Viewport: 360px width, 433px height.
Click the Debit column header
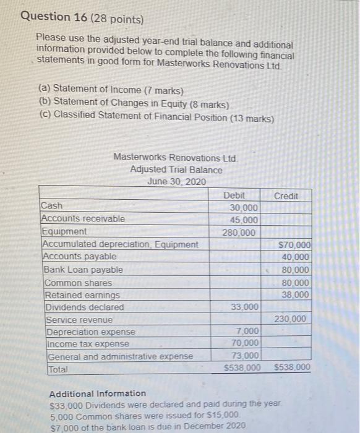click(x=234, y=195)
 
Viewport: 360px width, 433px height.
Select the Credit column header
click(x=286, y=195)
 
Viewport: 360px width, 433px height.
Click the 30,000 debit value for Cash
click(x=244, y=208)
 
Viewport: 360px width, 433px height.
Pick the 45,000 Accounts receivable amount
click(x=244, y=220)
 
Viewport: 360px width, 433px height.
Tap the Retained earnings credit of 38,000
click(x=295, y=295)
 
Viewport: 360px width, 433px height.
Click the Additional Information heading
click(x=98, y=393)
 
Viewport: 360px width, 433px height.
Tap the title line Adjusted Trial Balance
click(x=176, y=169)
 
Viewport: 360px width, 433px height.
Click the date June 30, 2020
click(x=176, y=181)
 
